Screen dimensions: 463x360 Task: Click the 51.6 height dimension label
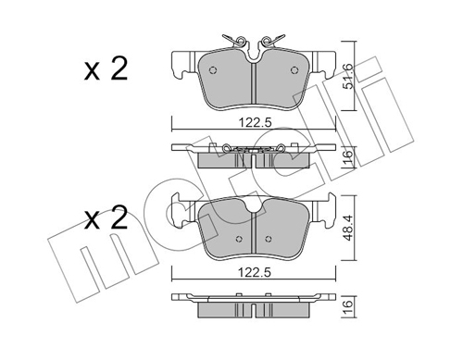coord(348,76)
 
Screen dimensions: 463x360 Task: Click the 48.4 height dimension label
coord(348,228)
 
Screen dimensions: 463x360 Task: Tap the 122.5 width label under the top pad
coord(255,123)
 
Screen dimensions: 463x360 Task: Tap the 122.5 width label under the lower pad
coord(255,272)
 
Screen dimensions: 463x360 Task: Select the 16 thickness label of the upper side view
coord(348,157)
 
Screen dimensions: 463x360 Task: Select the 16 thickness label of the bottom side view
coord(348,307)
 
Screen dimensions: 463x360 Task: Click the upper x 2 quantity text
coord(106,69)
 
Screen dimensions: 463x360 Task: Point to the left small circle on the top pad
coord(213,70)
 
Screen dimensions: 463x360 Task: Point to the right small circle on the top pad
coord(294,70)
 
